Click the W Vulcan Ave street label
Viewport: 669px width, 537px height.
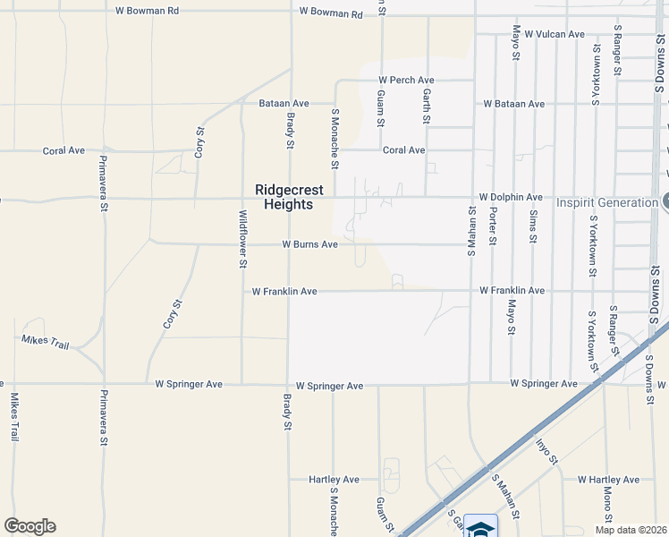(555, 34)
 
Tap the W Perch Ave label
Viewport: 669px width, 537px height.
(406, 80)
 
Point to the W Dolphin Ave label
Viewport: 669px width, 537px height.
(511, 197)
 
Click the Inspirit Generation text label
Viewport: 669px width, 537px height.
(607, 202)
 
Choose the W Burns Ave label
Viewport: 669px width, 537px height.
(309, 244)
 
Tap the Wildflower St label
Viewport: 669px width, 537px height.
(242, 239)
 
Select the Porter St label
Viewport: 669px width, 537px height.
(493, 226)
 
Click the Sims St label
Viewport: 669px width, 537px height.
(533, 226)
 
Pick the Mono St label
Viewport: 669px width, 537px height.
(607, 505)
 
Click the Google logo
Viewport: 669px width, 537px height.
(30, 526)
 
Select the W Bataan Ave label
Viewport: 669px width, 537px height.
(513, 104)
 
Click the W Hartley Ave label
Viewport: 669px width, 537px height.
(609, 480)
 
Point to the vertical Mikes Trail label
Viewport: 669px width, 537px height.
(14, 416)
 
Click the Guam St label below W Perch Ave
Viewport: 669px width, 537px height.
(381, 107)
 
